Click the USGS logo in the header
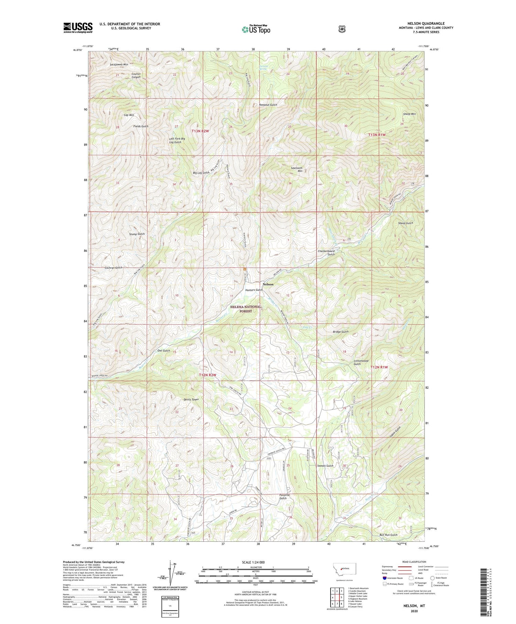point(78,28)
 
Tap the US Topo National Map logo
point(256,29)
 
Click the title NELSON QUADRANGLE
point(426,23)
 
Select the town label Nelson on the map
point(268,284)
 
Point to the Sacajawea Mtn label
point(119,64)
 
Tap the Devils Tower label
point(191,400)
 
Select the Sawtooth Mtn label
point(297,169)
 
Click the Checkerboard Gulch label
point(326,253)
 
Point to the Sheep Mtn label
point(409,114)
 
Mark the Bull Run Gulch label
point(388,535)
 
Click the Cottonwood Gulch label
point(361,362)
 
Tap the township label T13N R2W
point(200,131)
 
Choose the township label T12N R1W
point(379,367)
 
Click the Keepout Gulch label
point(268,105)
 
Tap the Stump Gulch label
point(137,234)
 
